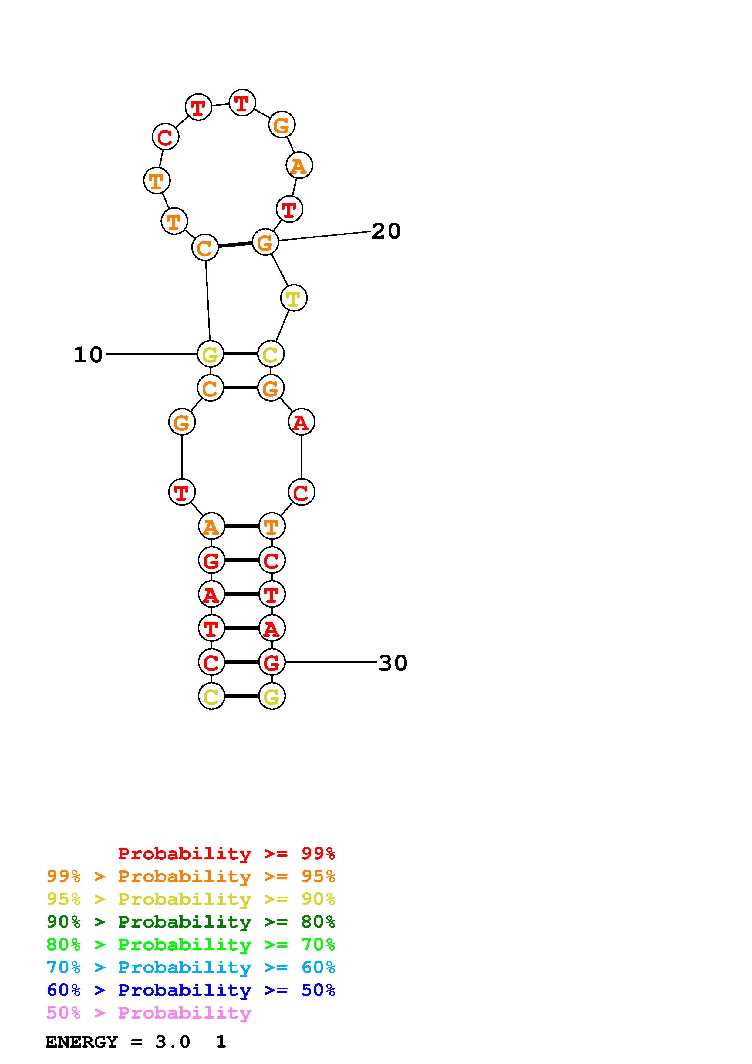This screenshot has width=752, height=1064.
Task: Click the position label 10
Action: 88,355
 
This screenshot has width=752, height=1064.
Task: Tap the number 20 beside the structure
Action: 386,231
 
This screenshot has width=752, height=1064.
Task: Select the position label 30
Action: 393,663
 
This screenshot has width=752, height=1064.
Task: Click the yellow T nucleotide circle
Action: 294,298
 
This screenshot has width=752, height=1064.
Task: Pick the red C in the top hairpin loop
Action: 165,137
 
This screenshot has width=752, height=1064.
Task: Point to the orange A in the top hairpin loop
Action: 299,165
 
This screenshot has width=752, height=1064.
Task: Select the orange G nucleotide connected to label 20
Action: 265,242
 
